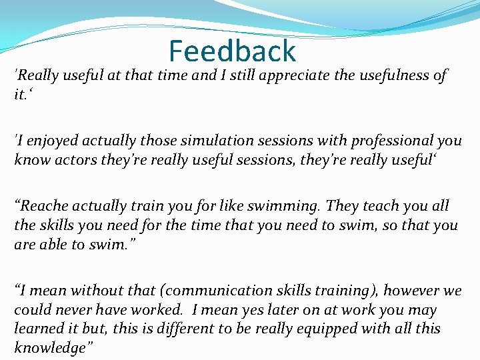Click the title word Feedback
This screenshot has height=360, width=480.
tap(232, 51)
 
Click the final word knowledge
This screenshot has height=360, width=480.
tap(52, 348)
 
